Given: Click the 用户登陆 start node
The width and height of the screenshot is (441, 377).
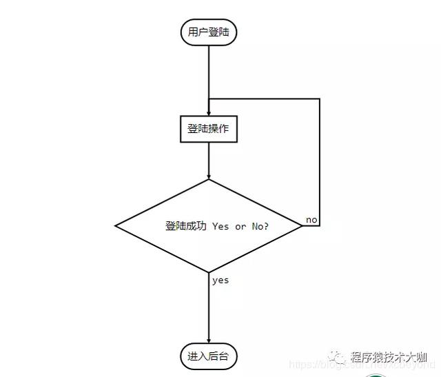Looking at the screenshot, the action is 208,32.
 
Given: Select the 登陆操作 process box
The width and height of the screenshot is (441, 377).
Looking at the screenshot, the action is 208,129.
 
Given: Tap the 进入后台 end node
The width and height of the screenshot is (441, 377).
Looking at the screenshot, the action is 208,356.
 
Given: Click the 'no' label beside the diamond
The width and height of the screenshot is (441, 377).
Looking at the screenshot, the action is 311,220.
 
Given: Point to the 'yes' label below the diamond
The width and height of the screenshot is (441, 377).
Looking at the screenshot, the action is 220,281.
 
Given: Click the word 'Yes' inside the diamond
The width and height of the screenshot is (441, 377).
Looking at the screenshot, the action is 220,226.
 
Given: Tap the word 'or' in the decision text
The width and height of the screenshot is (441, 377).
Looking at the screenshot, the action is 240,226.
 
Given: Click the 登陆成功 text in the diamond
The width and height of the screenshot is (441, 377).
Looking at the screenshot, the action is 186,226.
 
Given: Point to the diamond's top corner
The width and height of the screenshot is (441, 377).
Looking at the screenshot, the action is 208,180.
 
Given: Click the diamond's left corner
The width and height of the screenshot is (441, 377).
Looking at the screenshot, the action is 115,226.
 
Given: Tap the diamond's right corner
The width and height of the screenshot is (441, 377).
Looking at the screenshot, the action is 302,226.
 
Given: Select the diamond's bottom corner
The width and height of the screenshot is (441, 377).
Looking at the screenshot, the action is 208,272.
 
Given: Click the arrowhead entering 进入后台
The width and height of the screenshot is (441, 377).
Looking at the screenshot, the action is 208,339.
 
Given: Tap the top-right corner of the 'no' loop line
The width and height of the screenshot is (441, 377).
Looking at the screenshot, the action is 320,99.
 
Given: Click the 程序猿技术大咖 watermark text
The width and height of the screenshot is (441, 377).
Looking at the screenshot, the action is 389,357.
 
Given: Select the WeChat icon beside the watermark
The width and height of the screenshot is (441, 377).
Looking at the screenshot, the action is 337,356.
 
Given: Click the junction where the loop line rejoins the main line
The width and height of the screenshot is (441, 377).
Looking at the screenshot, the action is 208,99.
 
